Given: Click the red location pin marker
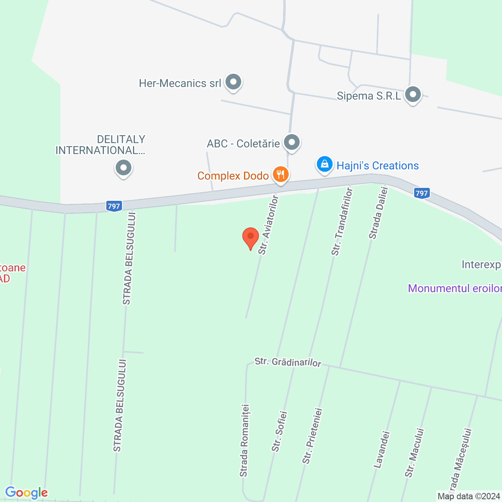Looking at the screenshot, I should pyautogui.click(x=251, y=237).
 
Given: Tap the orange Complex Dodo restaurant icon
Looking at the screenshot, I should pyautogui.click(x=280, y=174).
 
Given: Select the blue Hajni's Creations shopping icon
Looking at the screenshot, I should pyautogui.click(x=325, y=165).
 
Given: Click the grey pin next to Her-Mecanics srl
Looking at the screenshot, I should pyautogui.click(x=234, y=82).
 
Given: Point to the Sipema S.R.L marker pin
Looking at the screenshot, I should pyautogui.click(x=413, y=95).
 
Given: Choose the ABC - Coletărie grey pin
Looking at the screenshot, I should pyautogui.click(x=291, y=142).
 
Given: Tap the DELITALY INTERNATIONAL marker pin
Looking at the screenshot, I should pyautogui.click(x=124, y=168).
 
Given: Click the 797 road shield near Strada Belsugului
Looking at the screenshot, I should pyautogui.click(x=114, y=206).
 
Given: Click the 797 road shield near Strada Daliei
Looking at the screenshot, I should pyautogui.click(x=422, y=193).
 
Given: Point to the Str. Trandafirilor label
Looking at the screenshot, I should pyautogui.click(x=342, y=222).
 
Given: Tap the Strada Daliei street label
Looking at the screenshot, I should pyautogui.click(x=378, y=213).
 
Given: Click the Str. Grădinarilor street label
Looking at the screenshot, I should pyautogui.click(x=288, y=362).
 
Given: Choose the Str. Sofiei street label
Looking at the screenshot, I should pyautogui.click(x=280, y=431).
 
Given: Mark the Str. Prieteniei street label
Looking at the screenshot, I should pyautogui.click(x=312, y=436).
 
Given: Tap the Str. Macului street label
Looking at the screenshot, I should pyautogui.click(x=415, y=453).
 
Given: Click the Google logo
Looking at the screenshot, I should pyautogui.click(x=26, y=493).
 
